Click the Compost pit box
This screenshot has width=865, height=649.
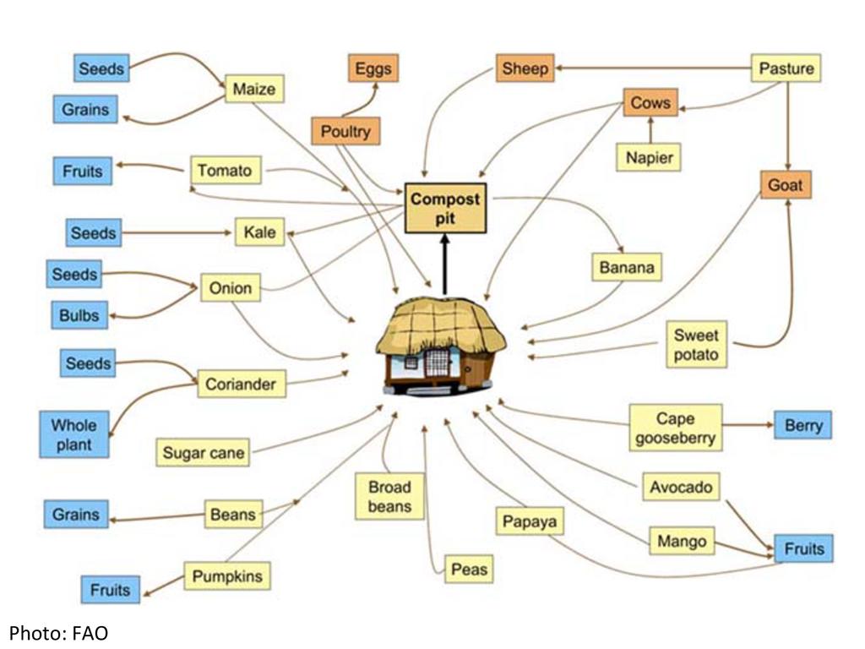(x=445, y=208)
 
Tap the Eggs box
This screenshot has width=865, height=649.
(x=373, y=68)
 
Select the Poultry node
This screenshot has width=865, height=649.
(x=345, y=132)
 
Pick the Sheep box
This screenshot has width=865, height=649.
(x=525, y=68)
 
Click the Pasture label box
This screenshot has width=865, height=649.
(x=786, y=68)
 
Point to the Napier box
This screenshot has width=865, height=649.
(x=648, y=157)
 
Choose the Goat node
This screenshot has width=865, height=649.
(x=785, y=184)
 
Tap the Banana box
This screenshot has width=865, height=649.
(x=626, y=267)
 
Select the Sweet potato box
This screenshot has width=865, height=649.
(x=696, y=344)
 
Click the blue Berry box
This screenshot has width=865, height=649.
(x=802, y=425)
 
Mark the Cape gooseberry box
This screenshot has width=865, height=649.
(x=675, y=428)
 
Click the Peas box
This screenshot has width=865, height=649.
(x=469, y=570)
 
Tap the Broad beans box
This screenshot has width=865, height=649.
(x=389, y=496)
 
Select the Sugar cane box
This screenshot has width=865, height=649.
(x=204, y=453)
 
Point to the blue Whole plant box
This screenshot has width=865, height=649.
(x=74, y=434)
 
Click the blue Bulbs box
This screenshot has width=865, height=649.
(x=79, y=315)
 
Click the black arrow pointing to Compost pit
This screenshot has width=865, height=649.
(x=444, y=262)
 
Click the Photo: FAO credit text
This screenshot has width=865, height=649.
(x=58, y=632)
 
